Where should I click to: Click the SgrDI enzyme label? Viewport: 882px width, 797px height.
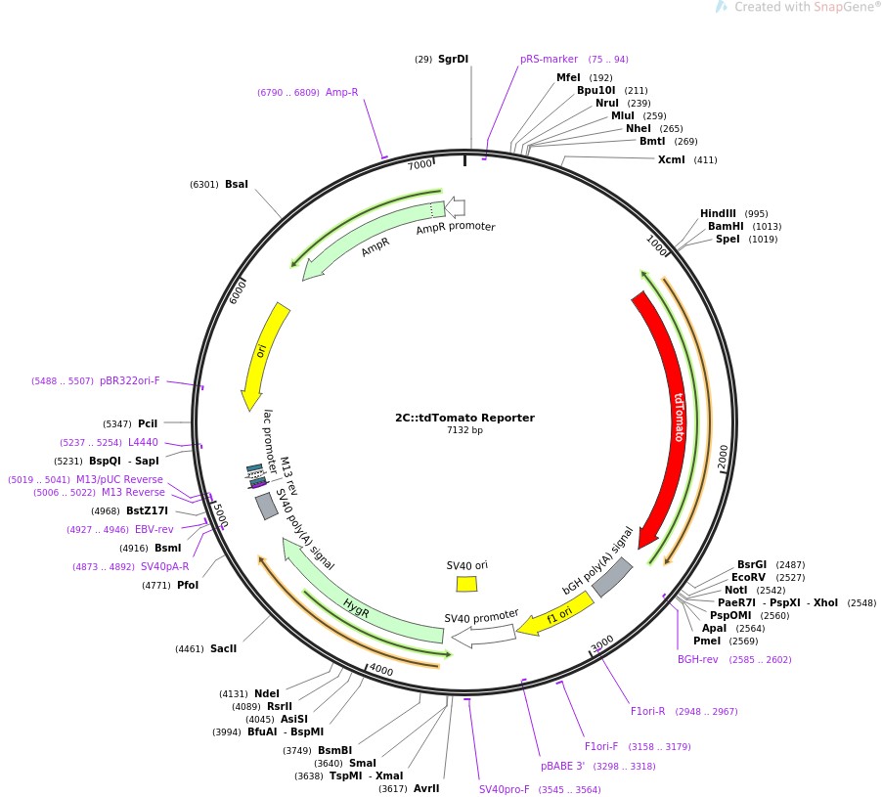coord(453,59)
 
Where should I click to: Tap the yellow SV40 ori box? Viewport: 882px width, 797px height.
coord(466,584)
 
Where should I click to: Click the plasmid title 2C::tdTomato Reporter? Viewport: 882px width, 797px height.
coord(464,418)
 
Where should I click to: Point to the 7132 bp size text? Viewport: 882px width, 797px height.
coord(464,430)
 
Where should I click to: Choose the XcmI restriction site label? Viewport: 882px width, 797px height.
coord(672,159)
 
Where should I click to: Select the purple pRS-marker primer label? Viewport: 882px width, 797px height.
coord(549,59)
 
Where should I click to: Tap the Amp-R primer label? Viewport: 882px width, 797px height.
coord(341,92)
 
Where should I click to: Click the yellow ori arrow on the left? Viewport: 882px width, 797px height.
coord(264,352)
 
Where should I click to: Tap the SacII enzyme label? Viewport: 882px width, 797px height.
coord(223,648)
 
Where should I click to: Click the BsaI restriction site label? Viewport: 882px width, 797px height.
coord(237,184)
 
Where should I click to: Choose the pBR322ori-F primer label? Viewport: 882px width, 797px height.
coord(129,380)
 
